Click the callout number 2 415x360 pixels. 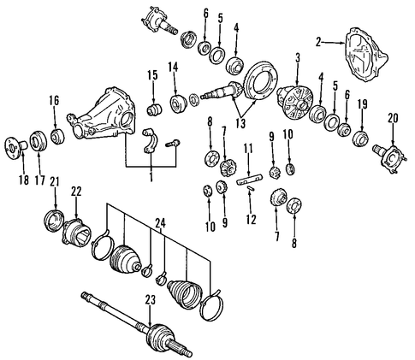pos(318,42)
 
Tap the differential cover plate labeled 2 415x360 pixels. pos(366,55)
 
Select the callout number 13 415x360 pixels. pos(240,123)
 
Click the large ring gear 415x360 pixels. pos(262,80)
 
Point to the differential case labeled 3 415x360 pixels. pos(295,103)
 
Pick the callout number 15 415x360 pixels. pos(152,75)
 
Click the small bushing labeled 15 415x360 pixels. pos(154,109)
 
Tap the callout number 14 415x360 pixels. pos(173,67)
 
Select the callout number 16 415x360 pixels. pos(54,100)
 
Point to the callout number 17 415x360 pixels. pos(39,180)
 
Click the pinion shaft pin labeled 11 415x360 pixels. pos(249,180)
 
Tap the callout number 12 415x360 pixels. pos(252,219)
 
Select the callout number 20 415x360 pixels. pos(393,118)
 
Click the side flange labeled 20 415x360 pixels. pos(388,157)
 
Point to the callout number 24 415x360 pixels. pos(160,224)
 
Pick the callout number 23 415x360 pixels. pos(151,300)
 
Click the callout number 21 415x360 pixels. pos(54,182)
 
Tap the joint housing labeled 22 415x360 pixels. pos(76,232)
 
